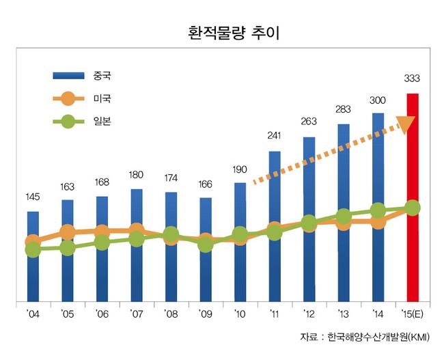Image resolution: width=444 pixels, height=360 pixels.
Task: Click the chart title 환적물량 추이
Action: point(223,32)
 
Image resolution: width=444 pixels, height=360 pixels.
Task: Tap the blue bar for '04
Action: point(33,256)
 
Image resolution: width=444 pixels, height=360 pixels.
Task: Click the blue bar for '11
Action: point(275,225)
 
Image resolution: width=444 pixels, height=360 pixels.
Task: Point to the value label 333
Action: point(413,78)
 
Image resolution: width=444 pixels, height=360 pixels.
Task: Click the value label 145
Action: point(33,197)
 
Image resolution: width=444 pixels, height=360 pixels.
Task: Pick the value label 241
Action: point(275,136)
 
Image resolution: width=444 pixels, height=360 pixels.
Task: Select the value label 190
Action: point(240,169)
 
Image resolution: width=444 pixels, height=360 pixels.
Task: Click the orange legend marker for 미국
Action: point(67,98)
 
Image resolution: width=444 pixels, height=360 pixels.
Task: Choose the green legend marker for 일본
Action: point(67,123)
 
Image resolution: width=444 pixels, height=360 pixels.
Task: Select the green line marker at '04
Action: point(33,250)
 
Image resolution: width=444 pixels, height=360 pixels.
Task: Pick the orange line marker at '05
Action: point(68,233)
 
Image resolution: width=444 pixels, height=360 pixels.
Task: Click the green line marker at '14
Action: point(378,211)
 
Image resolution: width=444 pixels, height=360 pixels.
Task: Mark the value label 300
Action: point(378,100)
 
